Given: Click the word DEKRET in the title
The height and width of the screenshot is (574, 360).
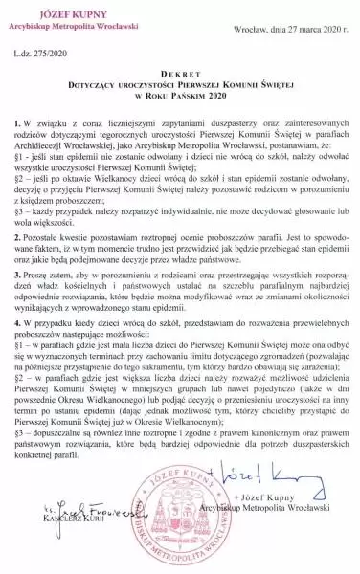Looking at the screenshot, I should click(x=179, y=83).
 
